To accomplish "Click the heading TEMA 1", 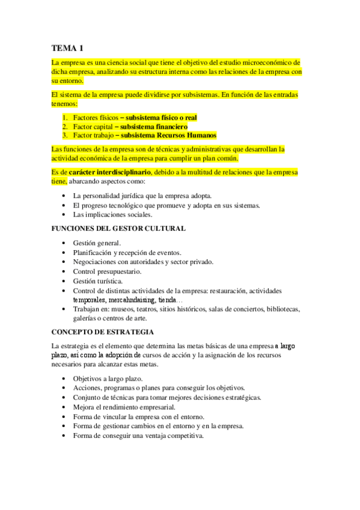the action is coord(67,48).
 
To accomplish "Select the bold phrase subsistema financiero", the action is coord(153,127).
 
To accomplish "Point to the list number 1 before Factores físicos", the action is coord(65,118).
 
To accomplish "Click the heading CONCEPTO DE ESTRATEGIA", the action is coord(103,332).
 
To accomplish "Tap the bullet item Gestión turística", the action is coord(98,281).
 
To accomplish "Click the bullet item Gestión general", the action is coord(97,243).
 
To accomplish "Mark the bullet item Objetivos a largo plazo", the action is coord(108,378).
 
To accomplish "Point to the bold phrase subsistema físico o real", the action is coord(162,118).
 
